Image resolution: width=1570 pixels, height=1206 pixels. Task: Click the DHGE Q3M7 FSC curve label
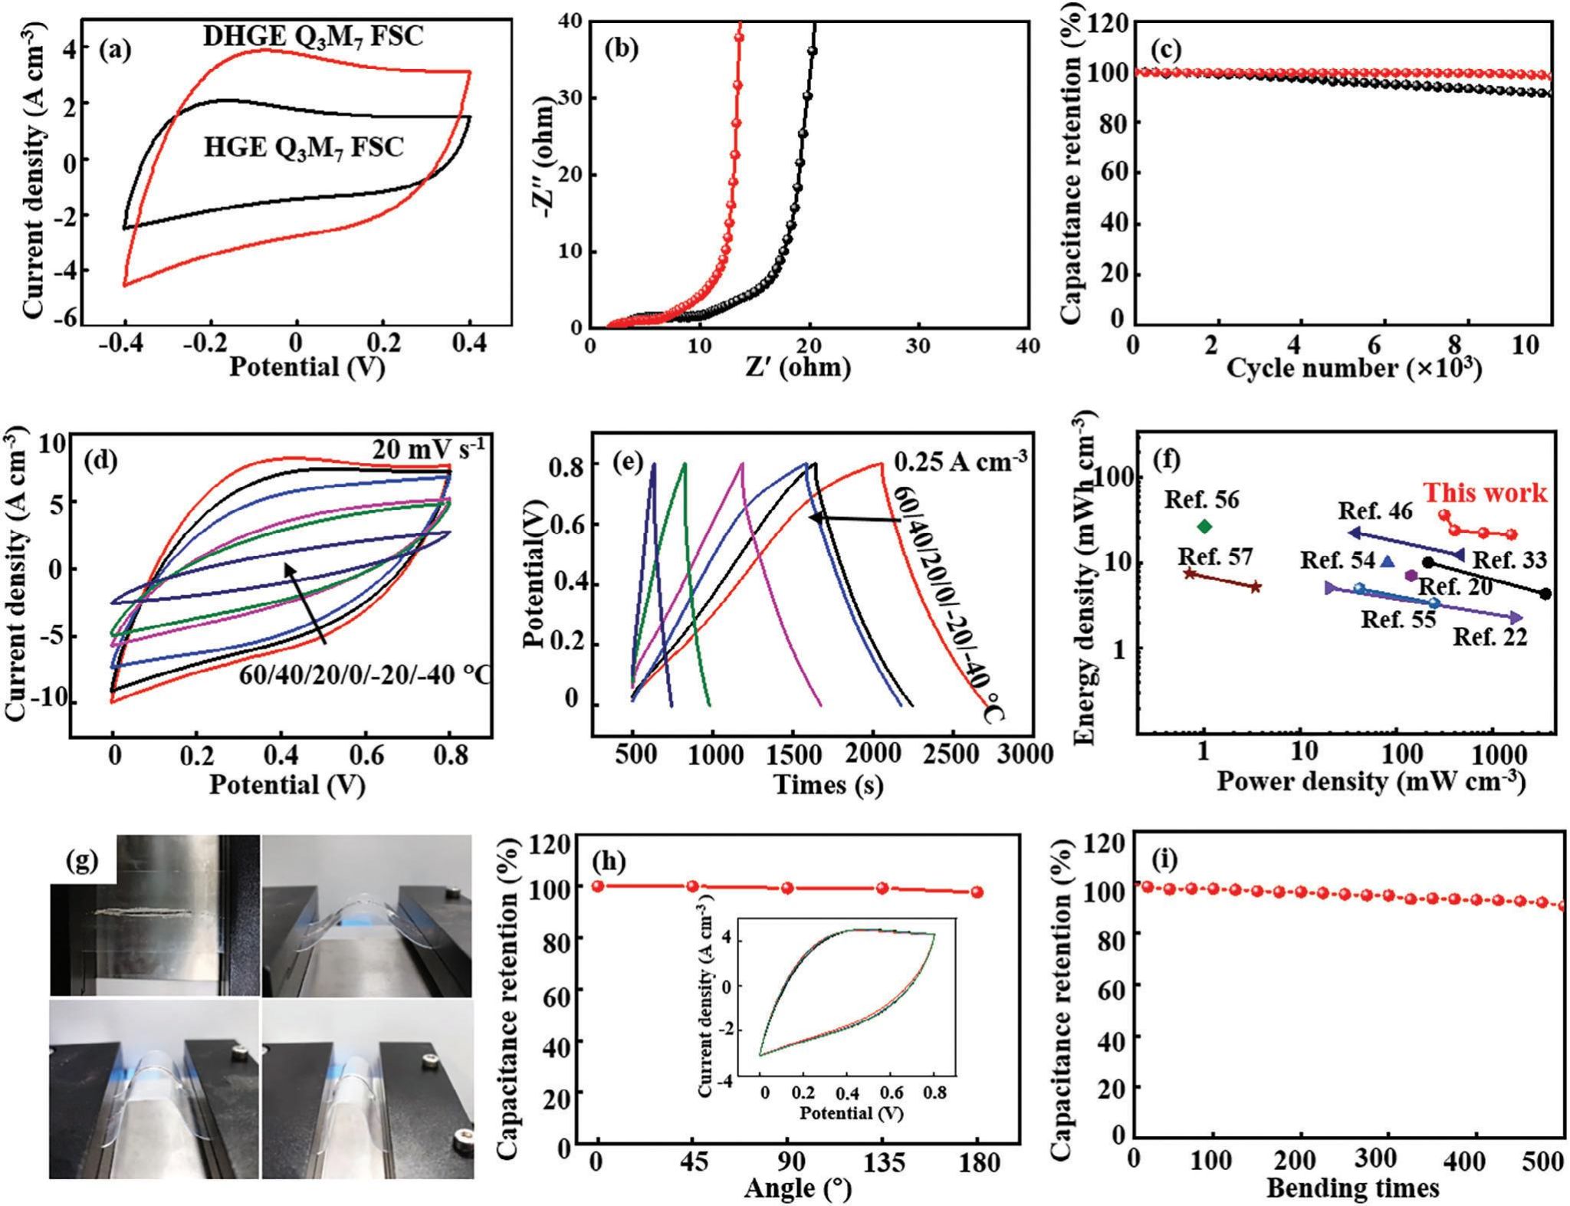[x=313, y=36]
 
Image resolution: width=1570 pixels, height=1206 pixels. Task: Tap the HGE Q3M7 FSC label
[x=304, y=147]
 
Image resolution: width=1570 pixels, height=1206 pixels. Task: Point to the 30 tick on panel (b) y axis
[x=569, y=98]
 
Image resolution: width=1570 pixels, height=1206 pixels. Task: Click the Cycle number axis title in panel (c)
[x=1353, y=368]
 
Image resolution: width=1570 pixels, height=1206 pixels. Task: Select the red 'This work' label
[x=1486, y=493]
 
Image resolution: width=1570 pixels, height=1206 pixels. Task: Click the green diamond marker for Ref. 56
[x=1204, y=526]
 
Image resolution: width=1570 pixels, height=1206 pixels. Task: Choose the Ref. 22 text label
[x=1490, y=636]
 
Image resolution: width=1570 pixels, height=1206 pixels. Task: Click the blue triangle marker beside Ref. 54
[x=1386, y=561]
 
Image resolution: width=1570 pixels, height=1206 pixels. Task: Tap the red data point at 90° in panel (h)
[x=787, y=888]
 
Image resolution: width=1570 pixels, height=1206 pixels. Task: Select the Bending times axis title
[x=1352, y=1188]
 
